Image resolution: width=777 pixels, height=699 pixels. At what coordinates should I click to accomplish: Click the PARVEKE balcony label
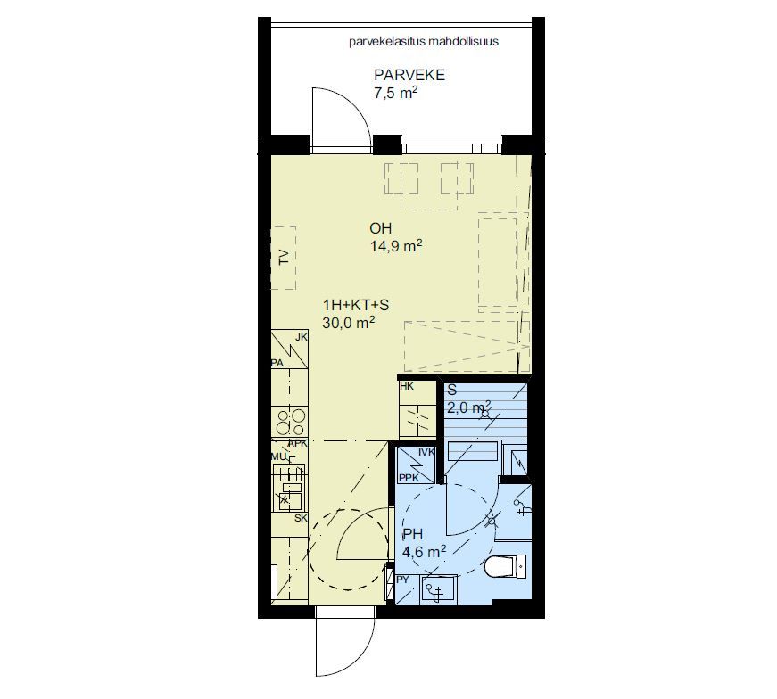(409, 75)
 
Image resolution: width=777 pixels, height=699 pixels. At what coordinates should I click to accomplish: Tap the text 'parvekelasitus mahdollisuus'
(424, 41)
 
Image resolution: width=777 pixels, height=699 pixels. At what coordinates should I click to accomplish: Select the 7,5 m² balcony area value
(395, 93)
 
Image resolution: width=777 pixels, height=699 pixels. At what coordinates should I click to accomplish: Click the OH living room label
(381, 228)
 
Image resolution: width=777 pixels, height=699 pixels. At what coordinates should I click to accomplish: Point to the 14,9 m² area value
(396, 246)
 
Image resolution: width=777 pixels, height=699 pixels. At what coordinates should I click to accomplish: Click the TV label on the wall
(284, 258)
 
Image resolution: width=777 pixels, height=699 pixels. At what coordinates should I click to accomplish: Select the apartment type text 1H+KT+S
(356, 305)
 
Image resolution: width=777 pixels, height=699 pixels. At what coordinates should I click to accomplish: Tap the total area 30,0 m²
(349, 323)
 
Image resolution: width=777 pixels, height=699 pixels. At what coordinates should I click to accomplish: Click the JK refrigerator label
(302, 337)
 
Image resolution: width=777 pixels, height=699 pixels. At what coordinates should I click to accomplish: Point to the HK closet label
(406, 386)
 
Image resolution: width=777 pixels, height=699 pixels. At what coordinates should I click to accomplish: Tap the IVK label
(426, 452)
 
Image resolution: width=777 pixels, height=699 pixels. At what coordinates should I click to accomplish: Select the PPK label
(409, 478)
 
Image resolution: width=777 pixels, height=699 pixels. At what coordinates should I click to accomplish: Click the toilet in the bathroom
(506, 566)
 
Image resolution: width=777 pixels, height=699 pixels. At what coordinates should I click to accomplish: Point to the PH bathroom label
(413, 534)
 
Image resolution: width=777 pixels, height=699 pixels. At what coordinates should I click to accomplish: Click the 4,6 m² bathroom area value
(424, 551)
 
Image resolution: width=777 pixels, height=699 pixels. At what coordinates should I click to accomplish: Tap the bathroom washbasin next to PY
(439, 589)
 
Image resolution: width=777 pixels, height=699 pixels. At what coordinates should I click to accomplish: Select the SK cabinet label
(301, 518)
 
